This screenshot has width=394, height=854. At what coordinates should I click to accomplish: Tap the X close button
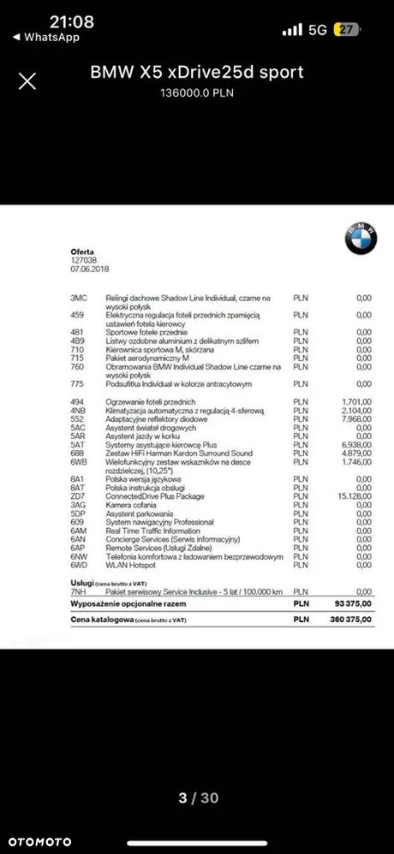(27, 81)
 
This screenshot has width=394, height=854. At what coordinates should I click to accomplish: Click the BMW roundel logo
(361, 239)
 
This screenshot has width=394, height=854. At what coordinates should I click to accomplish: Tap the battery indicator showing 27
(347, 29)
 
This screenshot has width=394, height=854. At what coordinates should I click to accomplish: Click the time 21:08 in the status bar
(48, 21)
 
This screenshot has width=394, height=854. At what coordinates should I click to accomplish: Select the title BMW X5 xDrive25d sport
(197, 73)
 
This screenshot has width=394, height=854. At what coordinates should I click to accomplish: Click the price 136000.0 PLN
(197, 92)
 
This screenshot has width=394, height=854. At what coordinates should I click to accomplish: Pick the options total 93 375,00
(354, 602)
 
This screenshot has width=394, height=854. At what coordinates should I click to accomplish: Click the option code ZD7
(77, 495)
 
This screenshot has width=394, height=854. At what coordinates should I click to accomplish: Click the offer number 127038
(84, 259)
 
